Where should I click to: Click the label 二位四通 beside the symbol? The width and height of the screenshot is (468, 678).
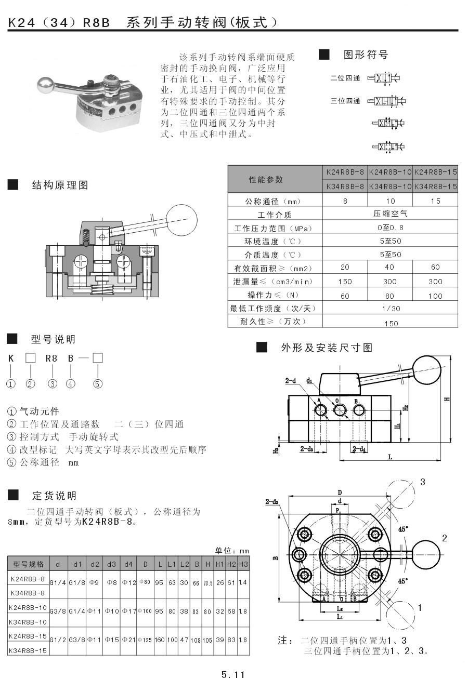click(x=345, y=78)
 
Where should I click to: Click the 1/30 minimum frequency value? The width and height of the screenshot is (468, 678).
click(x=391, y=308)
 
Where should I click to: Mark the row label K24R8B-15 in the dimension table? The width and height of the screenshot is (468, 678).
click(x=28, y=635)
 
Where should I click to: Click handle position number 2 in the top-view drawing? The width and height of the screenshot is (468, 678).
click(x=444, y=538)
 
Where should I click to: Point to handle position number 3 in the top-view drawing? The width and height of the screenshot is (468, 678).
click(x=422, y=482)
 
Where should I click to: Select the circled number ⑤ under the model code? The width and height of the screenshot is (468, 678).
click(x=98, y=384)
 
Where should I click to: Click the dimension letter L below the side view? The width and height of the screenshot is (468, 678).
click(x=390, y=457)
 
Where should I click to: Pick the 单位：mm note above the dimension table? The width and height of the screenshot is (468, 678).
click(x=232, y=551)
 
